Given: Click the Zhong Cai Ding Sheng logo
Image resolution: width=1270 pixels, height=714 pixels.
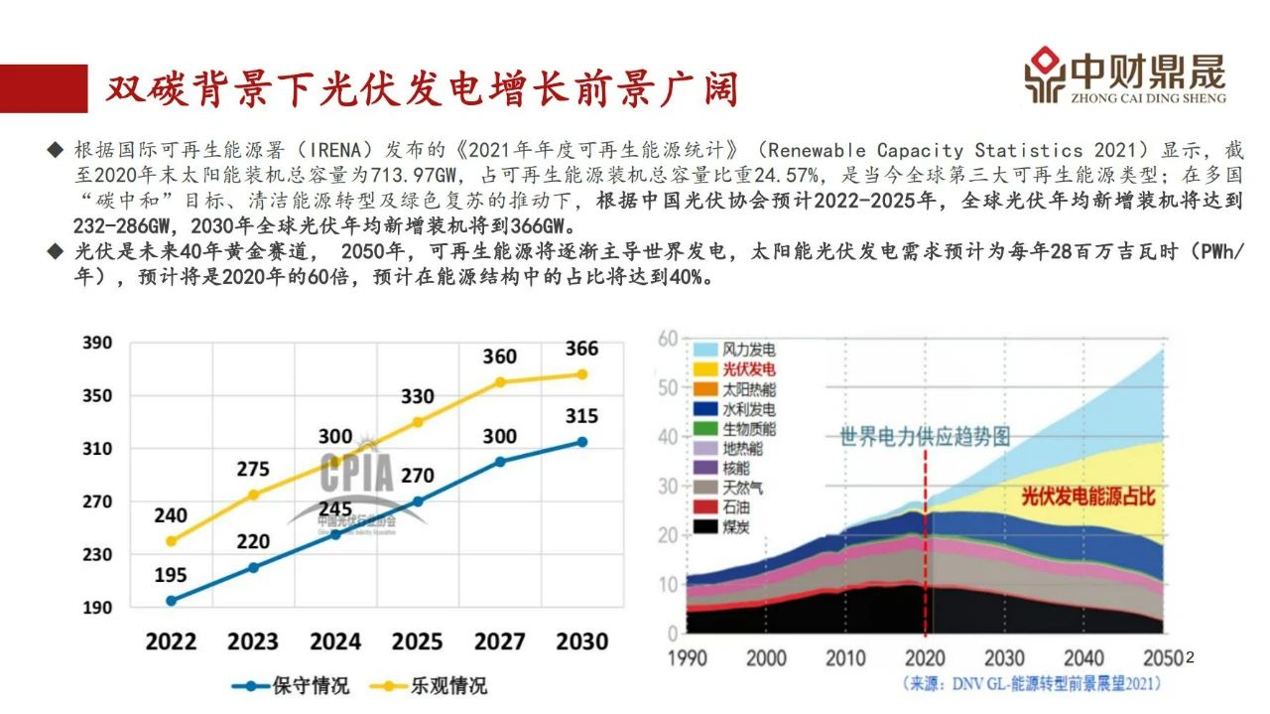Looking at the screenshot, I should pyautogui.click(x=1125, y=75).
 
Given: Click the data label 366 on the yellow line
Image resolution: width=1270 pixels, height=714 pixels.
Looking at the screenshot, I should pyautogui.click(x=582, y=349).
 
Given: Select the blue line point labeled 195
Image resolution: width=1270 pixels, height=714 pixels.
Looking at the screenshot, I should pyautogui.click(x=172, y=601).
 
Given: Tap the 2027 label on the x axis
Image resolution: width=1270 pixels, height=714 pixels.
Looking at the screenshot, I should pyautogui.click(x=499, y=641).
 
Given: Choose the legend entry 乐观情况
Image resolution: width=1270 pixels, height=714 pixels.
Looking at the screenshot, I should pyautogui.click(x=428, y=685).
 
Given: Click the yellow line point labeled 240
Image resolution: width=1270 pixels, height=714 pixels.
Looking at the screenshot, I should pyautogui.click(x=172, y=541).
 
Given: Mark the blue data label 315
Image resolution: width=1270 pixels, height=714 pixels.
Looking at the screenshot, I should pyautogui.click(x=582, y=416).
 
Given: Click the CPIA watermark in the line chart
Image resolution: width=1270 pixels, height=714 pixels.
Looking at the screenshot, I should pyautogui.click(x=357, y=475).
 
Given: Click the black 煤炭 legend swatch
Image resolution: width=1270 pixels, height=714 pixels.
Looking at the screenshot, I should pyautogui.click(x=704, y=526).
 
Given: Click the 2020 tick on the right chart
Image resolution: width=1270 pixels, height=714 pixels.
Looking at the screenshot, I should pyautogui.click(x=925, y=657).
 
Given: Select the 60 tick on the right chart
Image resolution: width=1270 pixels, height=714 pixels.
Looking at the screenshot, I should pyautogui.click(x=668, y=340).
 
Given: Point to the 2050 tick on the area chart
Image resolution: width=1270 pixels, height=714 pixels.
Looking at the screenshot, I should pyautogui.click(x=1162, y=657).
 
